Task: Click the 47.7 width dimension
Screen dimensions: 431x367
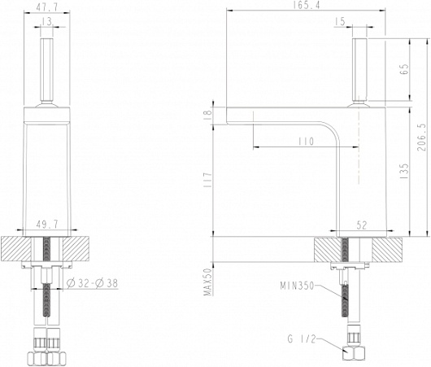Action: [x=47, y=7]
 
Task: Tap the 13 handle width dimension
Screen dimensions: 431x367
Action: [x=47, y=21]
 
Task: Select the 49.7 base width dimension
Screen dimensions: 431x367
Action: [x=47, y=225]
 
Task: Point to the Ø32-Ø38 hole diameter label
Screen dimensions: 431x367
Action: [x=93, y=283]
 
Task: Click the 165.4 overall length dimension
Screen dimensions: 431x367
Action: [x=307, y=6]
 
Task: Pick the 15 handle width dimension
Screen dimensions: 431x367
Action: [x=340, y=21]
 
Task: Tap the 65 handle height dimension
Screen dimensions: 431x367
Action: [x=405, y=70]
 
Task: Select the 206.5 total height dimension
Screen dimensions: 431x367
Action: [x=422, y=138]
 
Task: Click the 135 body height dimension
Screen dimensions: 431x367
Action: [x=404, y=172]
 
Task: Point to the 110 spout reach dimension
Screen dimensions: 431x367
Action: [x=306, y=142]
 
